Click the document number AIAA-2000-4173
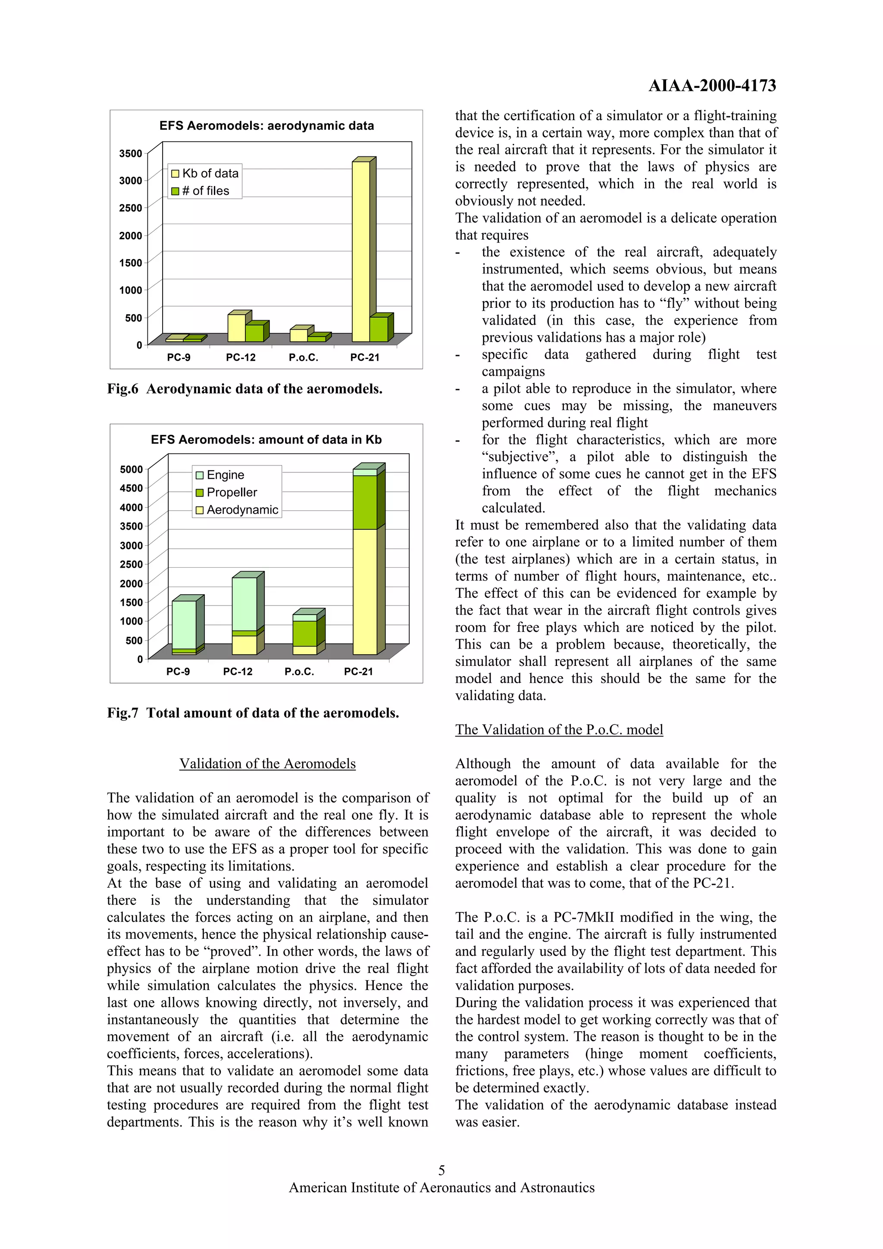(712, 85)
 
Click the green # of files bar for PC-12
(254, 333)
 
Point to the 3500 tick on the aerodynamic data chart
(131, 153)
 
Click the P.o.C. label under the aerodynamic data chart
(303, 357)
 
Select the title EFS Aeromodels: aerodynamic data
(266, 126)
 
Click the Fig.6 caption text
(245, 389)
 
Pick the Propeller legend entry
(226, 492)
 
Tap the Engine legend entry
(220, 475)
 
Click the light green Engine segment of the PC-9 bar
(184, 624)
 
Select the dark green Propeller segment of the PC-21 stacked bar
(364, 502)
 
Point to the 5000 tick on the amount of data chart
(131, 469)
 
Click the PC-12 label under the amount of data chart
(238, 672)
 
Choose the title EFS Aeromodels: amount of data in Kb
(266, 440)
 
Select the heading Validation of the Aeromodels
(267, 764)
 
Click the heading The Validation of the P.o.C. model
(559, 730)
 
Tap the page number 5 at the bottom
(441, 1170)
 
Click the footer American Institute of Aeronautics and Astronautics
(441, 1187)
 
